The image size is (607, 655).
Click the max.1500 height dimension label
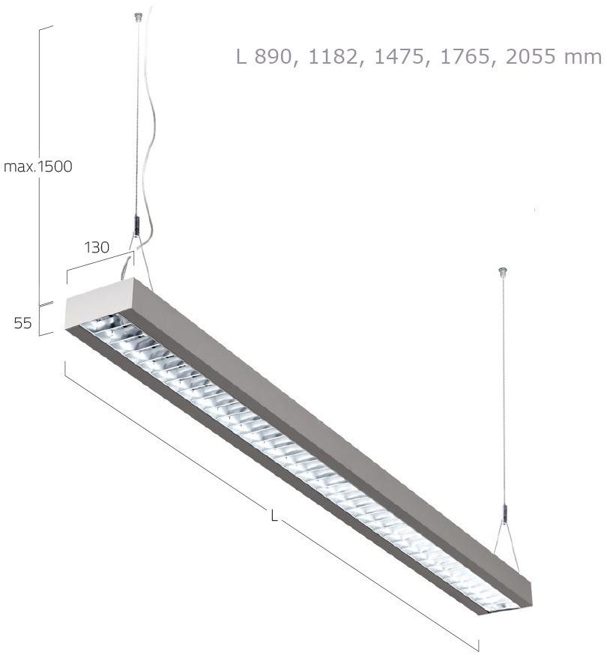pos(38,166)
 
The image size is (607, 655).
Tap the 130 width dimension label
pos(97,247)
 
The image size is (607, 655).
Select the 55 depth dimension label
pos(22,323)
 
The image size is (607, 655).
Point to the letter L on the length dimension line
pos(274,516)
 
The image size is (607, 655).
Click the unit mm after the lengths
pos(586,57)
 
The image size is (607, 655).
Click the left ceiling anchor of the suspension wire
pos(136,16)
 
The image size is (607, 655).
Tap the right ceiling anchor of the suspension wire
pos(503,271)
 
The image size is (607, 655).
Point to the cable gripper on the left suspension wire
pos(136,223)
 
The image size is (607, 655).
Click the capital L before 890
pos(241,57)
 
